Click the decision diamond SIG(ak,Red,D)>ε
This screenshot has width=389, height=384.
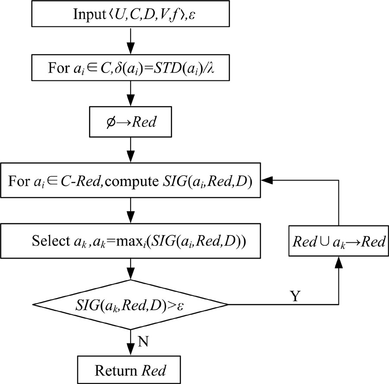pyautogui.click(x=130, y=305)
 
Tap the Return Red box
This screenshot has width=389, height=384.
pyautogui.click(x=130, y=369)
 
